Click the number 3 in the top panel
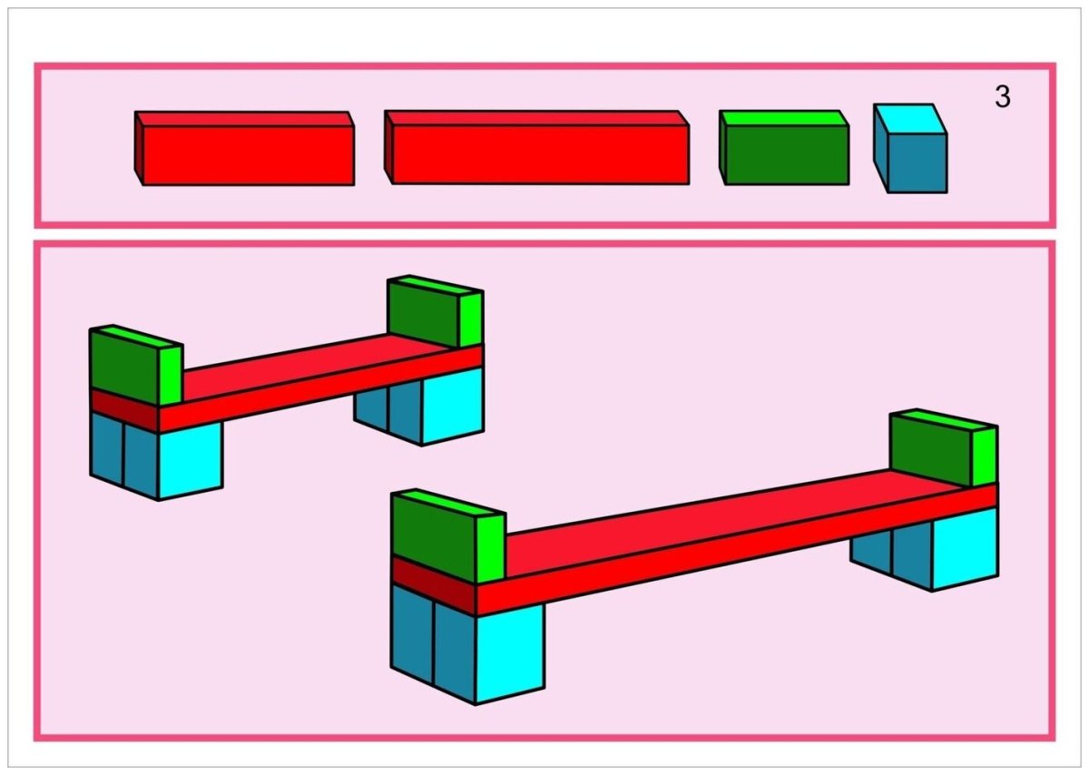(1002, 97)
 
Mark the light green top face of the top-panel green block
(783, 118)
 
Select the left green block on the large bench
(434, 535)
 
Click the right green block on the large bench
(931, 446)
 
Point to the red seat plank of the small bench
(318, 377)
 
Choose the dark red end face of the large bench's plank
(433, 584)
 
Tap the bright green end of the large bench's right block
(985, 456)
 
